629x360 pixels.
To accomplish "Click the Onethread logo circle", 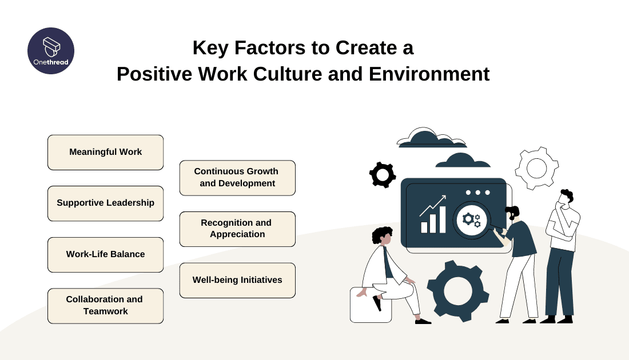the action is coord(51,51).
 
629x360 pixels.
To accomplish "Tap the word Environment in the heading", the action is coord(429,74).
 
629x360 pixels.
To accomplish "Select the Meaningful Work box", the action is coord(106,153).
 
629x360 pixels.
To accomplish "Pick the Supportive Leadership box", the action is coord(106,203).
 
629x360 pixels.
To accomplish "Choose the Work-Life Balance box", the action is coord(106,254).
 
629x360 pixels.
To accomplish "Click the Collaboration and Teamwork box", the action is coord(106,306).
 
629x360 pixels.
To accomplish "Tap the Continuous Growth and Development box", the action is coord(237,178).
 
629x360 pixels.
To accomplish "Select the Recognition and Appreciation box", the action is coord(237,229).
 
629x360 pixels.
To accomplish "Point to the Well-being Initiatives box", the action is coord(237,280).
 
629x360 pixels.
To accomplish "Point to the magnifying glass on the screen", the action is coord(473,221).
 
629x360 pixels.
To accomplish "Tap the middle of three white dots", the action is coord(478,193).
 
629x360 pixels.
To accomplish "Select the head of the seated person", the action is coord(383,236).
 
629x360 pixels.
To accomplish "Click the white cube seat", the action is coord(371,305).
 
